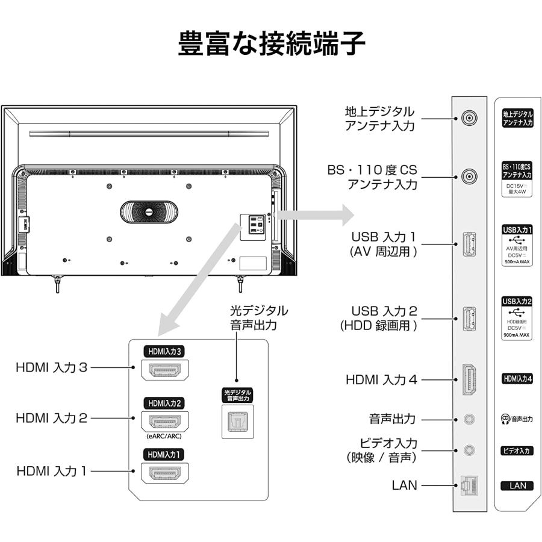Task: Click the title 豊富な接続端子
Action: [272, 44]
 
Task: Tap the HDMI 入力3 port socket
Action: [165, 369]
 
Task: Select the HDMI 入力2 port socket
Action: [165, 421]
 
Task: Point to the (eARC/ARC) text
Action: [164, 436]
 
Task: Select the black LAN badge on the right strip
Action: [517, 485]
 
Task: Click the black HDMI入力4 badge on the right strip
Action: [517, 379]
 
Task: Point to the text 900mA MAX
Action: [517, 335]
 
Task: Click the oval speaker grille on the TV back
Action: [148, 213]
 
